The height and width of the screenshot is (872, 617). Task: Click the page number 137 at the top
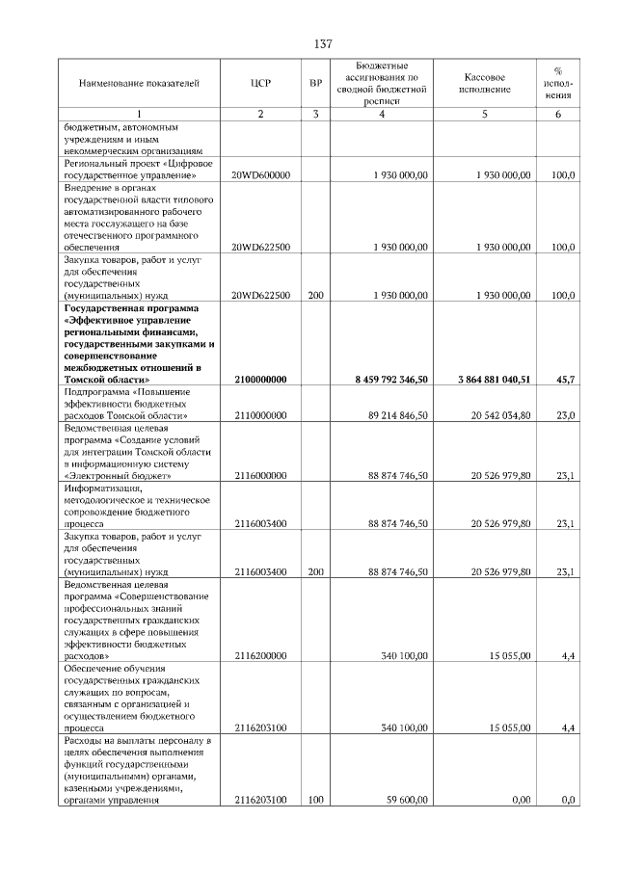click(x=323, y=44)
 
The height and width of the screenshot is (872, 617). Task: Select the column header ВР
click(x=315, y=84)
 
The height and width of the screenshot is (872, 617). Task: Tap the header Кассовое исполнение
click(x=484, y=84)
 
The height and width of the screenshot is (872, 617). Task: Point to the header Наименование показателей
click(x=139, y=84)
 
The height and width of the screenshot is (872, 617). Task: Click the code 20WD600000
click(x=261, y=175)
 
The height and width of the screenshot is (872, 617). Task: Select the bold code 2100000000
click(x=260, y=381)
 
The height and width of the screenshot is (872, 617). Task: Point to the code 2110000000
click(x=260, y=415)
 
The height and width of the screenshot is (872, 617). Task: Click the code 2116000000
click(x=260, y=475)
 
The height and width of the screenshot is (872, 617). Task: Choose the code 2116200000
click(x=260, y=655)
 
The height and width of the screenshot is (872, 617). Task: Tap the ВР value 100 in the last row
click(x=315, y=800)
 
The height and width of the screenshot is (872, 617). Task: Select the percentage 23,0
click(x=567, y=415)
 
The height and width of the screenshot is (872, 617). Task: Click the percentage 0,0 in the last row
click(x=569, y=800)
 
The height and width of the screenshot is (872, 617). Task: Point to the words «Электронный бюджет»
click(x=118, y=475)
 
